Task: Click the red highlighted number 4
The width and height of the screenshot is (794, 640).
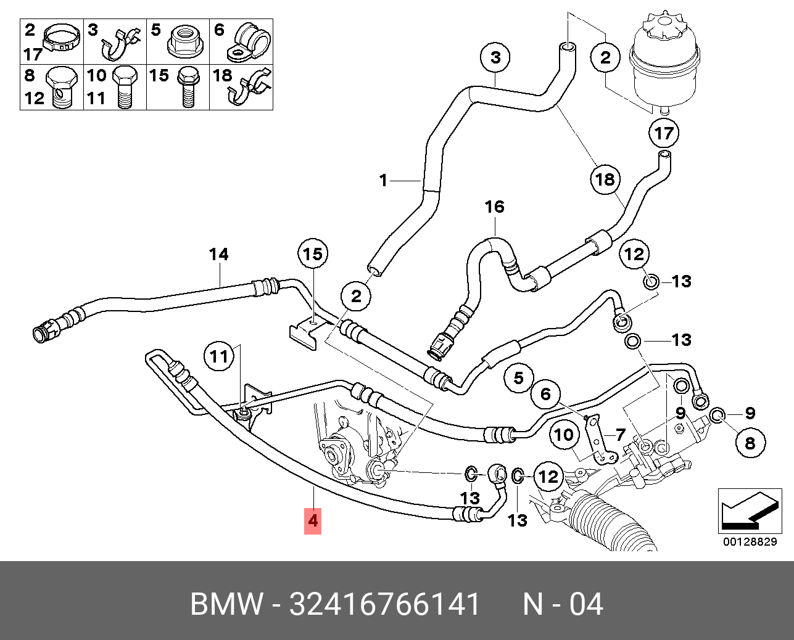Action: point(313,520)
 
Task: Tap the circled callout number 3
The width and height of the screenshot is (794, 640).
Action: point(496,58)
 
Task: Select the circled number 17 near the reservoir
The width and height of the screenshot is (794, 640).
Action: point(664,133)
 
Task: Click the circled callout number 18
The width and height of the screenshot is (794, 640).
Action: point(605,179)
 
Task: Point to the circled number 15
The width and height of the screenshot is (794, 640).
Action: point(313,254)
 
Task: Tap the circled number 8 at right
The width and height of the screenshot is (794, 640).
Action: point(750,443)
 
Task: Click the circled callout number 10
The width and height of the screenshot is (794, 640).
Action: point(564,435)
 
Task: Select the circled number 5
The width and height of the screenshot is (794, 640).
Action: point(519,377)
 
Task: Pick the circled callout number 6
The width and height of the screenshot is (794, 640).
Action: point(546,393)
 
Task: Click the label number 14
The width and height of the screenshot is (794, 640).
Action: point(218,254)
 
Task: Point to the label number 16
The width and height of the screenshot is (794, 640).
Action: point(495,207)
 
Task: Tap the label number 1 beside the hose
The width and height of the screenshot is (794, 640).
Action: point(383,181)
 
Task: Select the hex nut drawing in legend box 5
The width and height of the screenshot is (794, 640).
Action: point(184,41)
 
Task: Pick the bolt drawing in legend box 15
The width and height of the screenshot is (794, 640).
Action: point(188,86)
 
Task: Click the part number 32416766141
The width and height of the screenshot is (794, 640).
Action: point(384,604)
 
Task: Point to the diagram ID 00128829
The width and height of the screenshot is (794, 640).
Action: point(750,542)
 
